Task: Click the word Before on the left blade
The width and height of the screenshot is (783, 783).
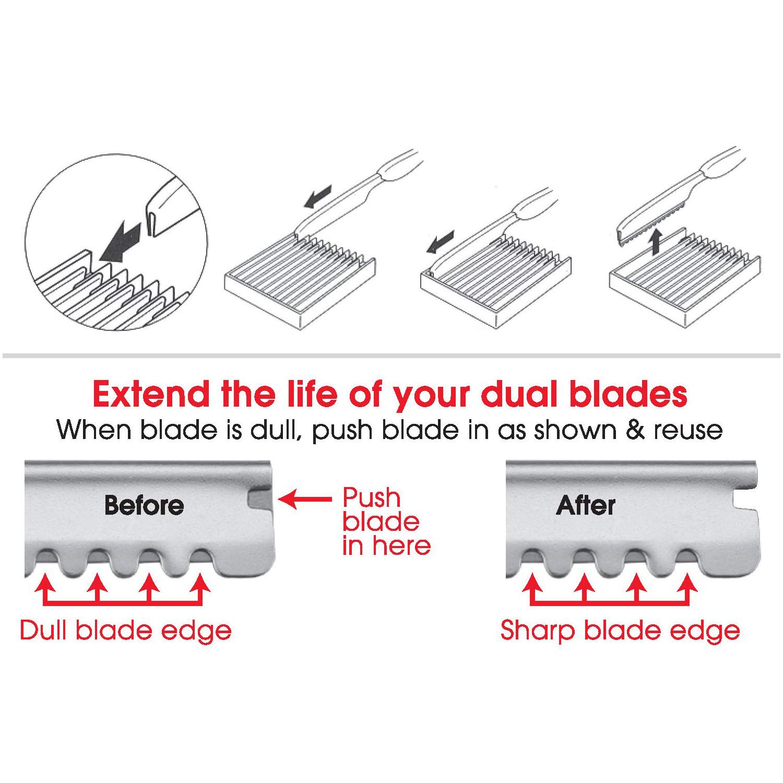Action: click(x=144, y=505)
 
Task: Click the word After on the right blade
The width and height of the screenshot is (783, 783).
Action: click(x=586, y=505)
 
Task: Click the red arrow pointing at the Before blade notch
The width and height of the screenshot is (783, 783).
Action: click(x=305, y=499)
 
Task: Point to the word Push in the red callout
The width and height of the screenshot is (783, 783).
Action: click(x=371, y=498)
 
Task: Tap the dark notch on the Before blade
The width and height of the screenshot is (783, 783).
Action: click(x=260, y=499)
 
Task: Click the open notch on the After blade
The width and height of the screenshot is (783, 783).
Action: click(x=746, y=499)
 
